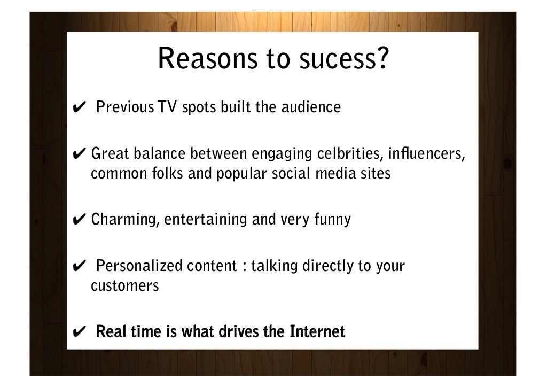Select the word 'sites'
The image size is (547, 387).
376,174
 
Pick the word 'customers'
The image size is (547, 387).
125,285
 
